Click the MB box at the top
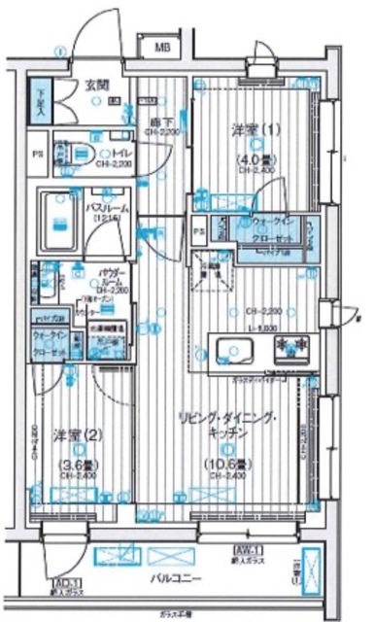point(155,47)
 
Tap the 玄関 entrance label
point(94,85)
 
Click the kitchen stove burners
point(291,347)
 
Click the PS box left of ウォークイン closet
point(198,231)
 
